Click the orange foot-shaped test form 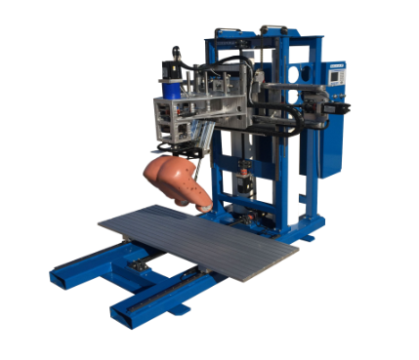tap(176, 180)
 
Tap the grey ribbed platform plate tap(200, 238)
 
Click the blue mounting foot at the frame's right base tap(310, 234)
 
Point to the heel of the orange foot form tap(153, 176)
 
